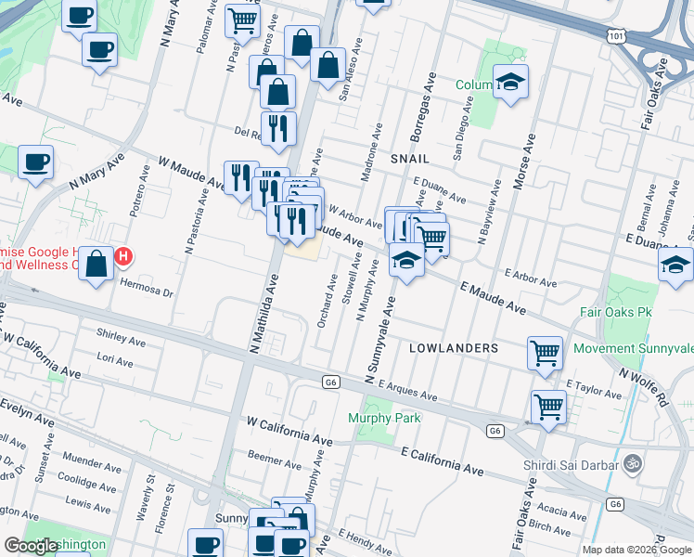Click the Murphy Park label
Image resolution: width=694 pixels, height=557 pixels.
pos(384,418)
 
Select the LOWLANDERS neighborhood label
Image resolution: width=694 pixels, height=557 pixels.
pos(454,347)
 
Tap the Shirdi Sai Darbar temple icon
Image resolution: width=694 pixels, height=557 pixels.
pos(633,461)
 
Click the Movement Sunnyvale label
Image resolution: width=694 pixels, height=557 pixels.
pos(633,349)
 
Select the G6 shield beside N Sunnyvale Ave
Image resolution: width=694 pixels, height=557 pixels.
pos(331,382)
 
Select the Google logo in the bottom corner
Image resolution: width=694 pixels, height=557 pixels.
pos(31,546)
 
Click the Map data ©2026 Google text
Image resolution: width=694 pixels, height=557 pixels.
pos(636,550)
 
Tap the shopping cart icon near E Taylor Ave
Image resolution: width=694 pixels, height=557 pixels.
pos(545,351)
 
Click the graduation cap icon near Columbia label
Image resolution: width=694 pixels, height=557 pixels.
pos(509,81)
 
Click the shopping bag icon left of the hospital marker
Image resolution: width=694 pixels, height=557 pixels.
pos(96,264)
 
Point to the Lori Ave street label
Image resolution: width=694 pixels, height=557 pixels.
pos(115,357)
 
